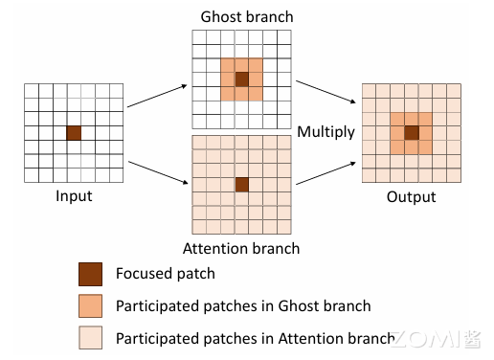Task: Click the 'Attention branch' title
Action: point(241,248)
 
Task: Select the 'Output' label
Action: point(411,197)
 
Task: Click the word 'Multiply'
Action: point(326,130)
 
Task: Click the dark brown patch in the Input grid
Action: point(74,133)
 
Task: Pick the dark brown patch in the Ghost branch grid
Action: point(241,79)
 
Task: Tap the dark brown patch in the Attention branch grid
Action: point(241,184)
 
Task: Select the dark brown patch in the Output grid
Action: point(411,133)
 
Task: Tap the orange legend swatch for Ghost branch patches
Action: point(89,306)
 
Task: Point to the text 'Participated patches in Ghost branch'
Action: point(242,306)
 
